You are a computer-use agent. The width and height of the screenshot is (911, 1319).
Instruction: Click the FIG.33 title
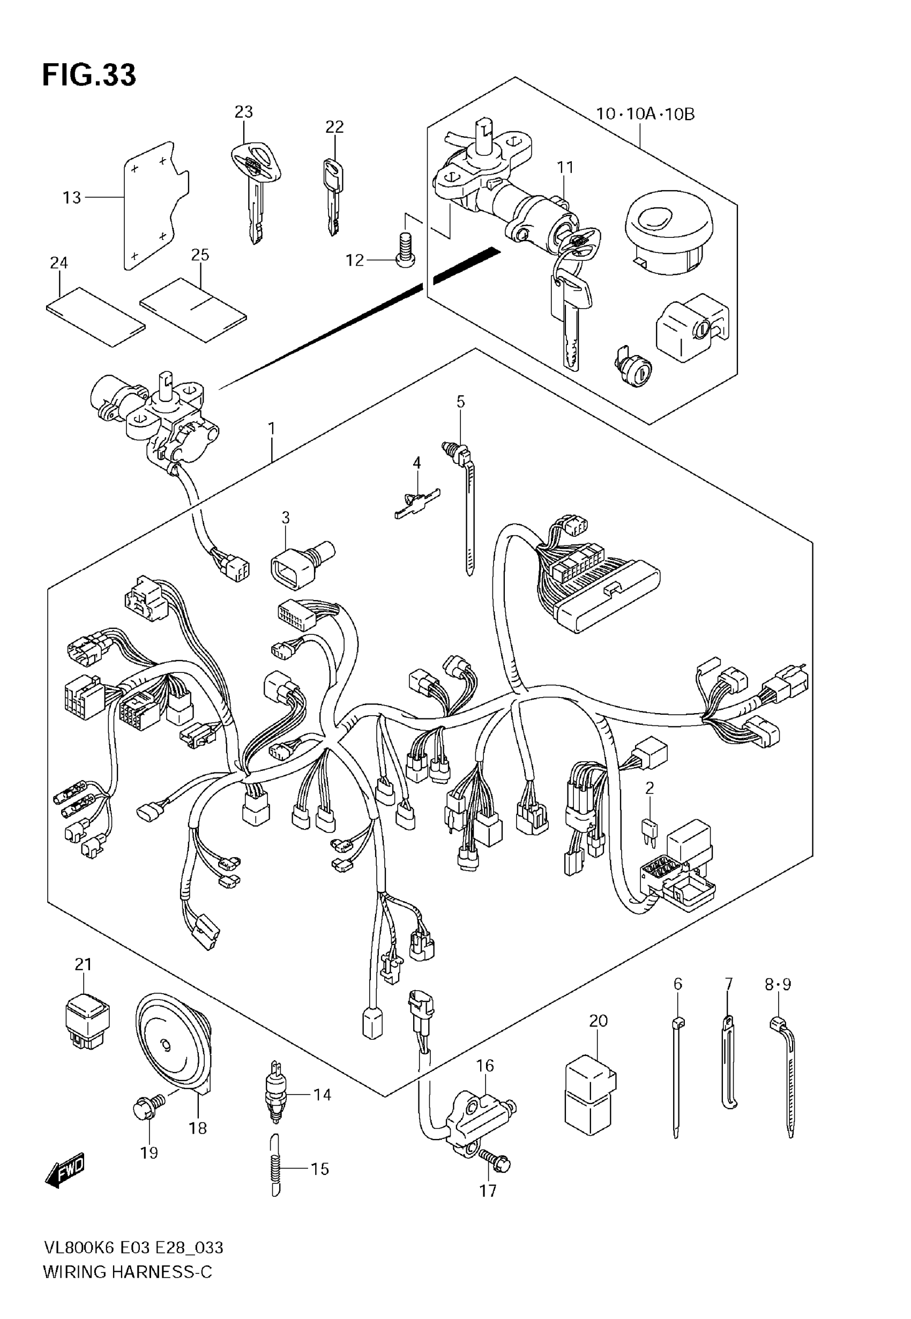coord(89,74)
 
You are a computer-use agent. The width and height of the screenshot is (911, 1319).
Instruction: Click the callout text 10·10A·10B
coord(646,114)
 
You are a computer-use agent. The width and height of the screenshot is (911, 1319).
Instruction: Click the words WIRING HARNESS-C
coord(128,1287)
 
